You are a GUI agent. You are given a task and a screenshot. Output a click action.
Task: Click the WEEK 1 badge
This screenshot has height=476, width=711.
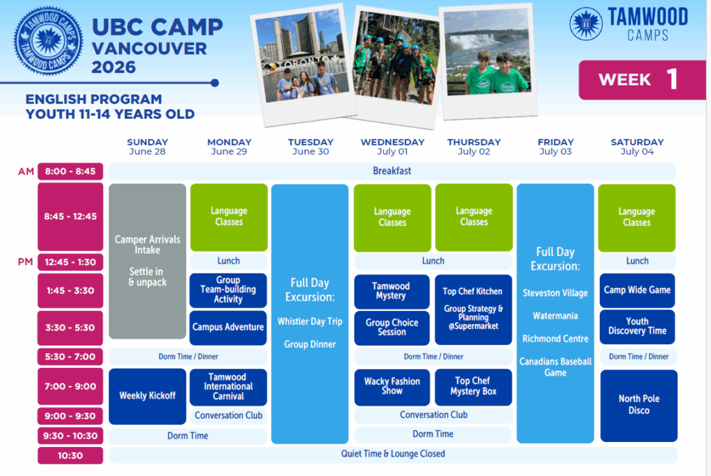coord(642,80)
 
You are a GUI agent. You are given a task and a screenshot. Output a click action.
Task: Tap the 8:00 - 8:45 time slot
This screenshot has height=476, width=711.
coord(70,171)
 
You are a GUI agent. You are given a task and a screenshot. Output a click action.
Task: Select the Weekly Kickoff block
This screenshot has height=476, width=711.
coord(147,396)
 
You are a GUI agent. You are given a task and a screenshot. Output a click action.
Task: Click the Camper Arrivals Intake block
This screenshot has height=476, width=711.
coord(147,261)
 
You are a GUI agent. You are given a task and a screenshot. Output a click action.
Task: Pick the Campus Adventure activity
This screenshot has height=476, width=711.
coord(228,328)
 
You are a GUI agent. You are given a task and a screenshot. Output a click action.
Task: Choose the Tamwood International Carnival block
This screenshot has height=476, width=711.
coord(228,386)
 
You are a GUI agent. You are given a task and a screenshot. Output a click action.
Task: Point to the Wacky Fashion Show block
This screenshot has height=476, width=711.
coord(392,386)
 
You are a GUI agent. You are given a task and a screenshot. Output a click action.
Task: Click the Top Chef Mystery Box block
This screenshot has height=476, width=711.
coord(474,386)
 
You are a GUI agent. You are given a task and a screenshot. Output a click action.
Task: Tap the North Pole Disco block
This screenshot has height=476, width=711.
coord(639,405)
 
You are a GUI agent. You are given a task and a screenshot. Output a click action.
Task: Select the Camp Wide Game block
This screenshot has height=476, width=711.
coord(637,290)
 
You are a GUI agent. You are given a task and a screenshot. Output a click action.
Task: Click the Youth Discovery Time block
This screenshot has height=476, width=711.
coord(637,326)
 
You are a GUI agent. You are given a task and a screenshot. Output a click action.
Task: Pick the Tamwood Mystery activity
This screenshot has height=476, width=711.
coord(392,291)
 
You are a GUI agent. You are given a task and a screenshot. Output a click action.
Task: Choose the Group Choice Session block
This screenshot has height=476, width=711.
coord(392,328)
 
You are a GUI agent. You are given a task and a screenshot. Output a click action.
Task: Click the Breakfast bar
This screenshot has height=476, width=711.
coord(392,171)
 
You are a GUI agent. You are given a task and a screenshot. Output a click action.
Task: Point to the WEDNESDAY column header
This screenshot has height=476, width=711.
coord(392,146)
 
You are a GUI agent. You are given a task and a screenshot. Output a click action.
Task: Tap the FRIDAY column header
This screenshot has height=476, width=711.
coord(555,146)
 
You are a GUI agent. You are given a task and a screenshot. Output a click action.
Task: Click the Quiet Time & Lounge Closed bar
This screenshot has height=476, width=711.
coord(393,454)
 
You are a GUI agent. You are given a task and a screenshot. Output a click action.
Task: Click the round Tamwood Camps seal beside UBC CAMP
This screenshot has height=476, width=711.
coord(48,41)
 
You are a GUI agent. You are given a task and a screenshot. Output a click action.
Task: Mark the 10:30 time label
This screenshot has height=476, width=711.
coord(70,456)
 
